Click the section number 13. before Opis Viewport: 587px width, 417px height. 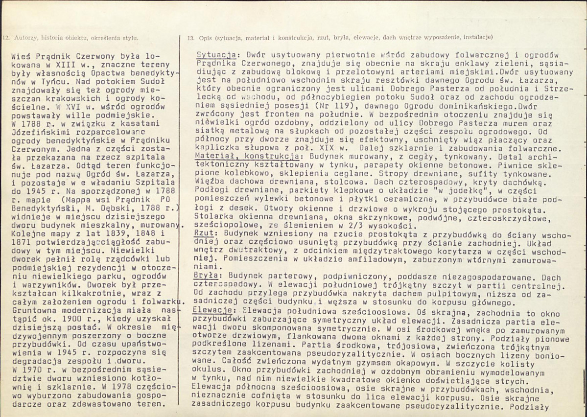(x=191, y=37)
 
